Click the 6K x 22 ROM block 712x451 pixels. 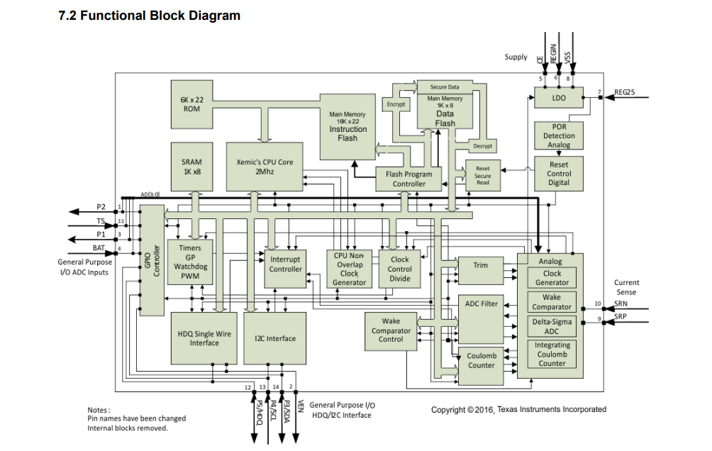click(x=191, y=104)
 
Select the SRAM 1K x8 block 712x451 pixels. click(x=191, y=167)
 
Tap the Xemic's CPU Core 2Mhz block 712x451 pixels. click(x=265, y=167)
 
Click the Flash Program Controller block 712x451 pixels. click(x=408, y=179)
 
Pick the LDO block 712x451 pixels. click(x=559, y=98)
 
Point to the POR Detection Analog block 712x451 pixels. click(x=559, y=135)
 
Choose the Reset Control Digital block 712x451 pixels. click(x=559, y=174)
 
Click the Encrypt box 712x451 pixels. click(x=396, y=104)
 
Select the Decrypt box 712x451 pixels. click(x=482, y=146)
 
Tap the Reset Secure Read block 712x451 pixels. click(x=483, y=175)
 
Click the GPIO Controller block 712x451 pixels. click(x=152, y=260)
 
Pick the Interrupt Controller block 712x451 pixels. click(x=285, y=269)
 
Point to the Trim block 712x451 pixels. click(x=481, y=271)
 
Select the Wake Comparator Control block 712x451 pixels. click(x=391, y=332)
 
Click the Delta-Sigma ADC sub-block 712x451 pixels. click(x=552, y=326)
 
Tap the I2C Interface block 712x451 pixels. click(x=274, y=338)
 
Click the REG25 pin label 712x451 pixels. click(x=625, y=92)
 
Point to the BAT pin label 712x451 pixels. click(x=99, y=248)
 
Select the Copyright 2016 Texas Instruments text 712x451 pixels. click(x=518, y=410)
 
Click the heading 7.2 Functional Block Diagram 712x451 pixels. click(x=150, y=16)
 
